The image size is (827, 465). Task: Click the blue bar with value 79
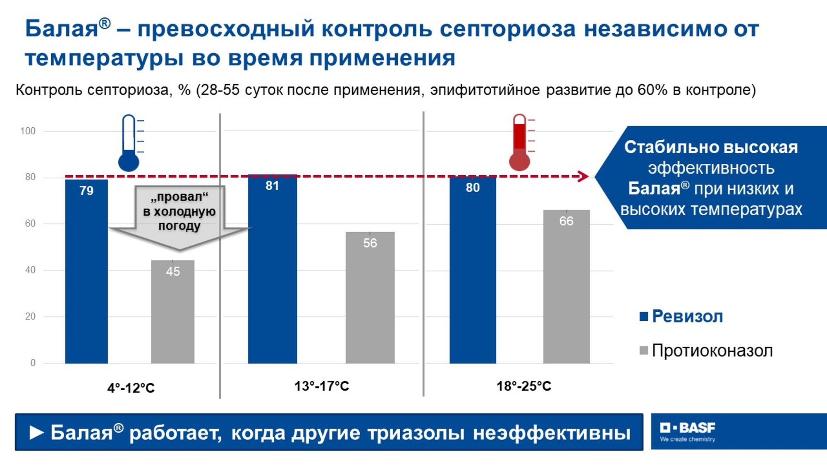tap(86, 272)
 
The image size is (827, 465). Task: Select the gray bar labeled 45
tap(173, 312)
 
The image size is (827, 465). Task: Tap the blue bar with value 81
tap(272, 269)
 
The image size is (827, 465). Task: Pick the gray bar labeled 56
tap(370, 298)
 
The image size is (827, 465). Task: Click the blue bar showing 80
tap(473, 270)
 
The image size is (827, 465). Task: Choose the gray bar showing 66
tap(566, 287)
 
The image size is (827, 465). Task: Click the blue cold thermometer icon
tap(130, 143)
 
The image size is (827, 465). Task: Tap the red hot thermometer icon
tap(521, 142)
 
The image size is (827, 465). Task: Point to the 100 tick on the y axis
tap(28, 131)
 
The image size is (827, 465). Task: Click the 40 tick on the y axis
tap(30, 270)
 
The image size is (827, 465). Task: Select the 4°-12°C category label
tap(131, 388)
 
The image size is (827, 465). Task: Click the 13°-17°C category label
tap(322, 386)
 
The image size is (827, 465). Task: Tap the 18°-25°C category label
tap(524, 386)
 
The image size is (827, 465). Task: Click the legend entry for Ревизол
tap(681, 317)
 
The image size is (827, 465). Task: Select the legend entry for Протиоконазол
tap(706, 351)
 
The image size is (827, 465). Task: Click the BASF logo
tap(688, 432)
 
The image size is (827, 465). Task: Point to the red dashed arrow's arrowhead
tap(583, 176)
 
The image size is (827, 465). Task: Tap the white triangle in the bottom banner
tap(37, 433)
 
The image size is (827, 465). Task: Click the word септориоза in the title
tap(507, 29)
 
